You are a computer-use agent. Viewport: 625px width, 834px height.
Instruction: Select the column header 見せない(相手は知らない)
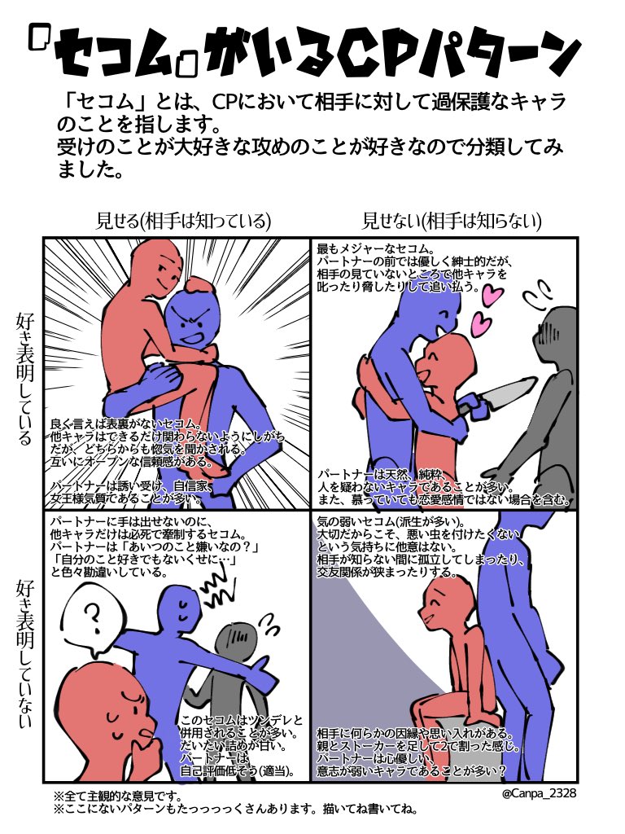pyautogui.click(x=452, y=220)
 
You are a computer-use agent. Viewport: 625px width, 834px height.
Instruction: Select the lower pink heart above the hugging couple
pyautogui.click(x=482, y=327)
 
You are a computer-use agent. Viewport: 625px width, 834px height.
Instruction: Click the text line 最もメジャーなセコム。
pyautogui.click(x=378, y=248)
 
